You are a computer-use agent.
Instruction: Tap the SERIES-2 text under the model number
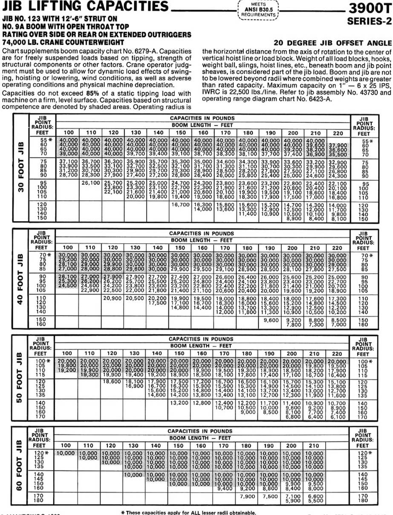click(369, 20)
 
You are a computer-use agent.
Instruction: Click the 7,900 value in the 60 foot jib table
click(248, 496)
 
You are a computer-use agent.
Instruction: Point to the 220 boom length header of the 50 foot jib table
click(339, 354)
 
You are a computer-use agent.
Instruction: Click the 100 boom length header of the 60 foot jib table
click(67, 445)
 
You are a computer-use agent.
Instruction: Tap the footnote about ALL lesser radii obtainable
click(189, 512)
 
